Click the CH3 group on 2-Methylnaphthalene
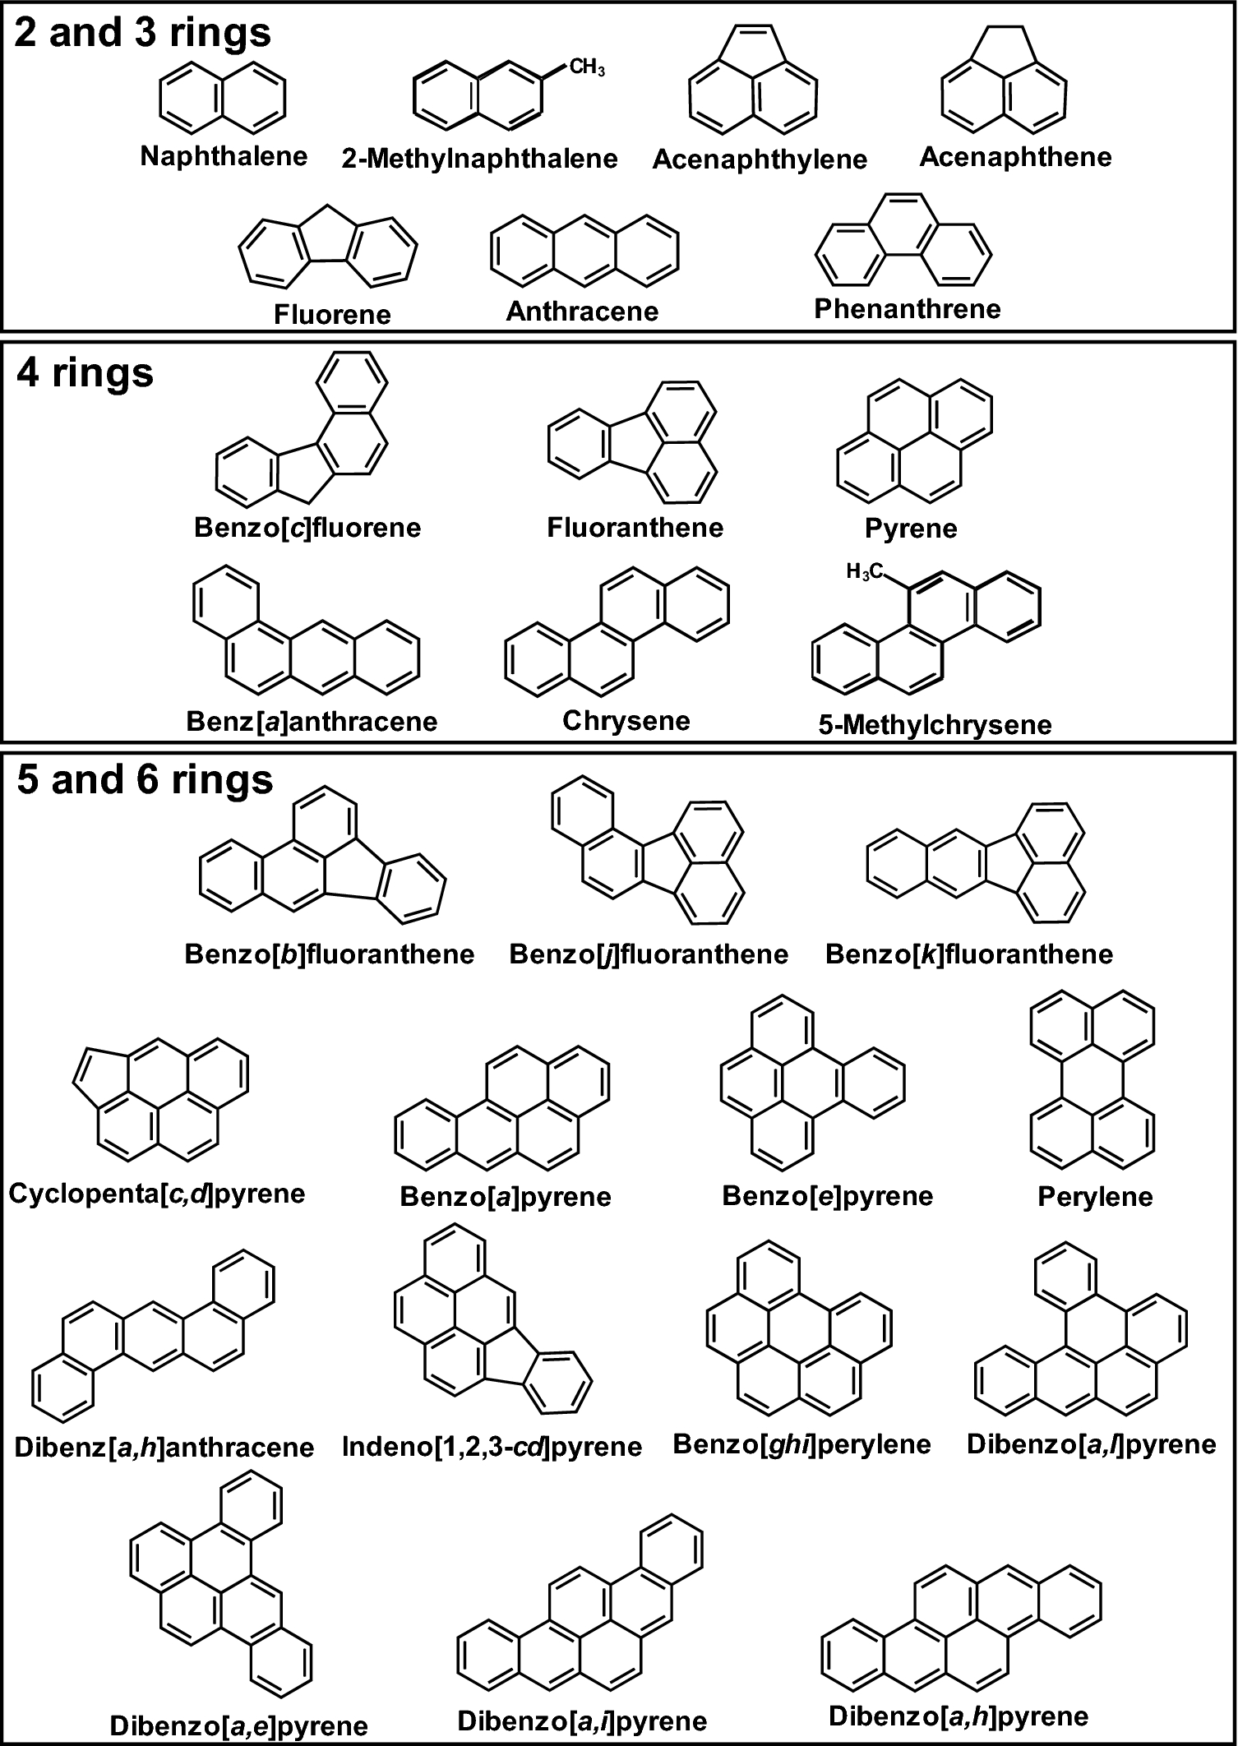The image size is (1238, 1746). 587,68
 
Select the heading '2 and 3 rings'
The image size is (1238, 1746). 142,35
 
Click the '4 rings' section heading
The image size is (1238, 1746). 85,373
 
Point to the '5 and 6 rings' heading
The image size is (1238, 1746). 145,779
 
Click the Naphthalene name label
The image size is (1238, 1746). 224,155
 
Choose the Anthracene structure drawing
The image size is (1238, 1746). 584,249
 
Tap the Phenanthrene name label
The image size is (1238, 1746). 908,309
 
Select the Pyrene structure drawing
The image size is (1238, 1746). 913,440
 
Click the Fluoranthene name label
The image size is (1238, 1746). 635,527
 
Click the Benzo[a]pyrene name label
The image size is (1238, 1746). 506,1196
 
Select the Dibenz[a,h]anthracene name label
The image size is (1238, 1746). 164,1447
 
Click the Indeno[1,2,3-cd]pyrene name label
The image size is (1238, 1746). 492,1446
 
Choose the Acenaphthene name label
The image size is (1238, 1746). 1015,156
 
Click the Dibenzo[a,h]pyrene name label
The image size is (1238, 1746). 958,1716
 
